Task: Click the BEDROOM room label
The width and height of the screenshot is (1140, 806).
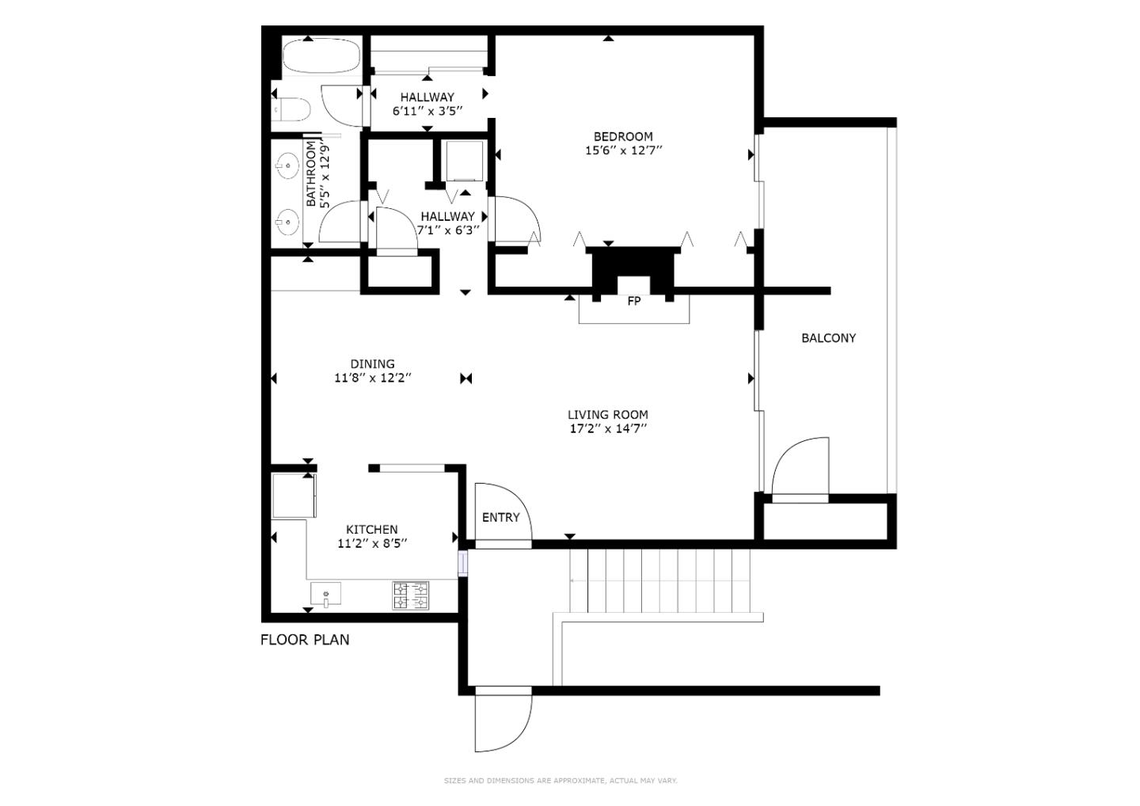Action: pyautogui.click(x=623, y=136)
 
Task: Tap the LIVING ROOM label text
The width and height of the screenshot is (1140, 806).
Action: pyautogui.click(x=607, y=414)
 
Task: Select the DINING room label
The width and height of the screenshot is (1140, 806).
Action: pyautogui.click(x=372, y=364)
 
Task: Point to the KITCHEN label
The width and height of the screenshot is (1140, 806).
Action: pyautogui.click(x=371, y=530)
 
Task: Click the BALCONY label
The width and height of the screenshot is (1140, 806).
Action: pyautogui.click(x=828, y=338)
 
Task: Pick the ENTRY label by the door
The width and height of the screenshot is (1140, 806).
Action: pyautogui.click(x=500, y=517)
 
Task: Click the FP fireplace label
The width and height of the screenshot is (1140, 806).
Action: pyautogui.click(x=633, y=301)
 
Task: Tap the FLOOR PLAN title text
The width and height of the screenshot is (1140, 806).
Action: pyautogui.click(x=305, y=640)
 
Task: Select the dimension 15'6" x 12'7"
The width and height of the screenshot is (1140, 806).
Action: pyautogui.click(x=623, y=150)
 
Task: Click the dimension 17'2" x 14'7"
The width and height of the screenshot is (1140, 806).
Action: pyautogui.click(x=607, y=428)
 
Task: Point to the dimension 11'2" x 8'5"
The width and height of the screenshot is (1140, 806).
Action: pyautogui.click(x=371, y=543)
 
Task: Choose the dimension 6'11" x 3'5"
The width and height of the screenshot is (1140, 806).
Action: pyautogui.click(x=427, y=112)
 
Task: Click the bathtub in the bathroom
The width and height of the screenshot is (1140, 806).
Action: pyautogui.click(x=321, y=55)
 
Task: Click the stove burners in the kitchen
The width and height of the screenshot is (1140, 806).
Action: pyautogui.click(x=411, y=595)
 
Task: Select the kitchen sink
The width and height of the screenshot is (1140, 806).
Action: pyautogui.click(x=325, y=593)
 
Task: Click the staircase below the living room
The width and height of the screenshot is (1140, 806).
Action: pyautogui.click(x=659, y=580)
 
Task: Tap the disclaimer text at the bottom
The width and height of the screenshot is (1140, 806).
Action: pyautogui.click(x=560, y=781)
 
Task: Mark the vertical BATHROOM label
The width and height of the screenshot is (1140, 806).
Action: pyautogui.click(x=310, y=174)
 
